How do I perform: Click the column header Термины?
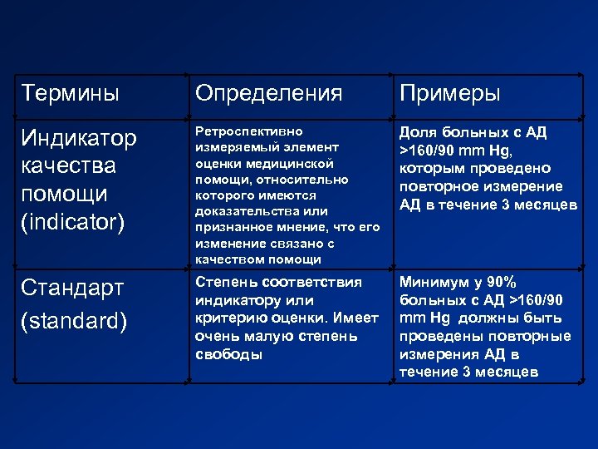[71, 93]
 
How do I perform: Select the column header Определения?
[268, 93]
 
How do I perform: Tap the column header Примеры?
[449, 93]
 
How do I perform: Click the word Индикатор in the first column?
[79, 138]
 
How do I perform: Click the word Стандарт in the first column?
[72, 289]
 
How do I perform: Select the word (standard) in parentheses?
[75, 320]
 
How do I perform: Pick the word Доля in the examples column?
[418, 132]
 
